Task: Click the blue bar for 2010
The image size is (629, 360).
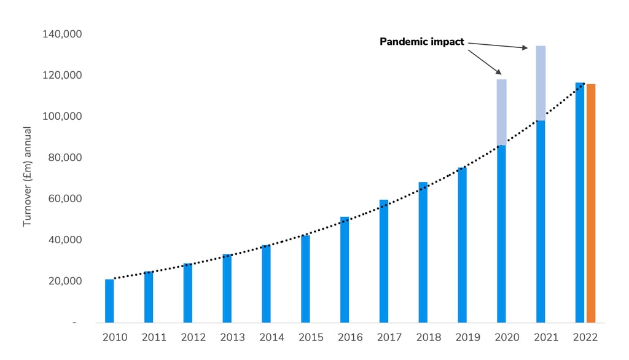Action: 109,300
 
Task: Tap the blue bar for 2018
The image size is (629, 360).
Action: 423,252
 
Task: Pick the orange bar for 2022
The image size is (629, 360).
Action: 591,203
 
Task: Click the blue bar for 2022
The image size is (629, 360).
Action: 580,202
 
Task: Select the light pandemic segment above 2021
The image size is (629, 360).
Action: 541,83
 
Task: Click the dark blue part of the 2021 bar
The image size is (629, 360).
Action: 541,221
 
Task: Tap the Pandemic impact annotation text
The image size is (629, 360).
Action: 421,42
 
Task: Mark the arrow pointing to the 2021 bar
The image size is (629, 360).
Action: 498,45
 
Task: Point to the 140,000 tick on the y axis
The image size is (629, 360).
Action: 62,34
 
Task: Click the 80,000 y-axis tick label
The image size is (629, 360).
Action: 64,157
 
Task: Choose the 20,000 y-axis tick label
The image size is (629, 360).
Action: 64,281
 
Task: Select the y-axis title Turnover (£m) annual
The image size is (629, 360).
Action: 27,177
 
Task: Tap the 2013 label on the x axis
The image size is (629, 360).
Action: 233,337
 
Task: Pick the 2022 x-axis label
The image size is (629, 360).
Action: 585,337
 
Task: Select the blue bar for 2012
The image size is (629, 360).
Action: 187,292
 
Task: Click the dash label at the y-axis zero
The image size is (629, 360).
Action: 74,323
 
